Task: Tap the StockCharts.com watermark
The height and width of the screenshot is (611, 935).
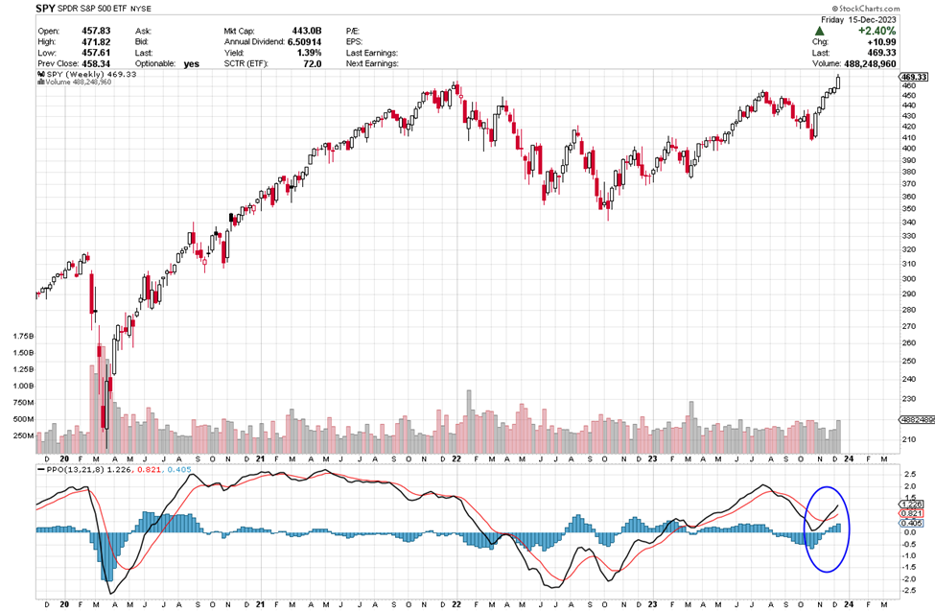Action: [894, 7]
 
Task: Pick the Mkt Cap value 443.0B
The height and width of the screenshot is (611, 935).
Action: [306, 31]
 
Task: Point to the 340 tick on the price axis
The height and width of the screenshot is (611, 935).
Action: [907, 223]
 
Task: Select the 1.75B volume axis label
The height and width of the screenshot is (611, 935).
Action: [22, 338]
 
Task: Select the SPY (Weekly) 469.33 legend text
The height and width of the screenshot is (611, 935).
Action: [82, 73]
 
